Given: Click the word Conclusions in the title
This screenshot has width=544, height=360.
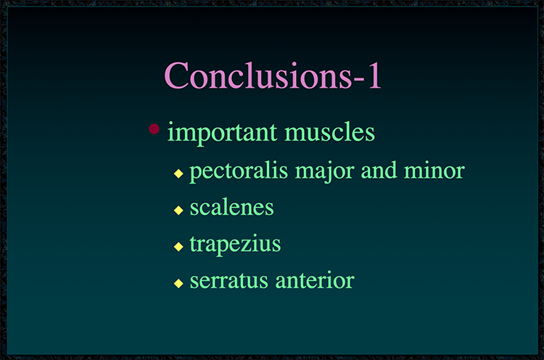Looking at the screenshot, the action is (258, 75).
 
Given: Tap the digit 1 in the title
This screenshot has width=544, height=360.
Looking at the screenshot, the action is (375, 75).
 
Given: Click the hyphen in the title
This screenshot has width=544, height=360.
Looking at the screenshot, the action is (359, 80).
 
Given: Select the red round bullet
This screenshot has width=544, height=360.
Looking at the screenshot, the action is (154, 128).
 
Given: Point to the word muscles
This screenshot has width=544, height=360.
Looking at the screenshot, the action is (329, 132).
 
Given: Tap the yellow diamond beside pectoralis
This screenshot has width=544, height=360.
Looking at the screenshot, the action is (178, 173).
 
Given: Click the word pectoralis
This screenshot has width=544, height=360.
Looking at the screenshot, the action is (239, 171).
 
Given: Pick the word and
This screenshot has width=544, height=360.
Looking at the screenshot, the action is (379, 171).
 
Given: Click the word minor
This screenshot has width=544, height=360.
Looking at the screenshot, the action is (434, 171).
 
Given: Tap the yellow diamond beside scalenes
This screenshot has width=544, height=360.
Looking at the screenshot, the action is (178, 210).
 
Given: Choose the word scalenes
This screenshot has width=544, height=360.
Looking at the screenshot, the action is (232, 208).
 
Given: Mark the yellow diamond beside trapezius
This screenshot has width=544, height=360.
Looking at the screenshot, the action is (178, 247).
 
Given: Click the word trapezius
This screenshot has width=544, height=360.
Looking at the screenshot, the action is (235, 245).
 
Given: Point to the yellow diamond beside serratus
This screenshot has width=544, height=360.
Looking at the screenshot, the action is (178, 283).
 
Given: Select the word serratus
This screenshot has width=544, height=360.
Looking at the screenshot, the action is (229, 280).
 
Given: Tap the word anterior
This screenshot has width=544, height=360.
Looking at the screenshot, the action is (315, 280).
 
